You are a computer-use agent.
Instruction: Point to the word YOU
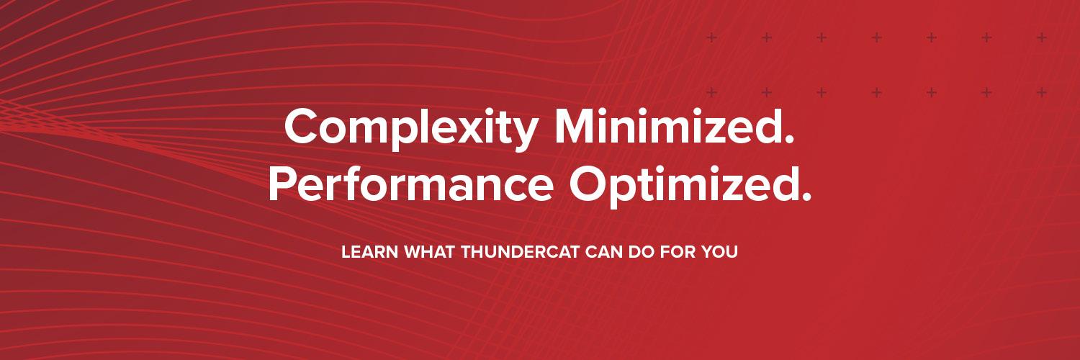click(x=720, y=253)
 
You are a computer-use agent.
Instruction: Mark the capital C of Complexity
click(x=302, y=128)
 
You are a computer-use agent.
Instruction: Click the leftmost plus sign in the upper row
click(x=711, y=37)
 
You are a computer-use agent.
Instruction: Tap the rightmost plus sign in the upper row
click(x=1041, y=37)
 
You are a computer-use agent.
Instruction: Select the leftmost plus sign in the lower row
click(x=711, y=92)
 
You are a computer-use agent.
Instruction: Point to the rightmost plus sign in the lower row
click(x=1041, y=92)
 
